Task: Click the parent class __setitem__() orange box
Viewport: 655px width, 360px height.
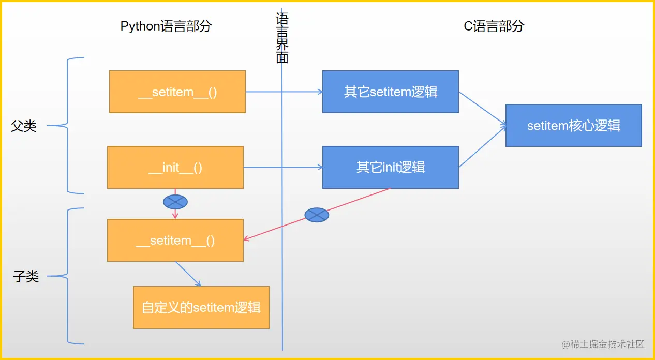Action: tap(177, 92)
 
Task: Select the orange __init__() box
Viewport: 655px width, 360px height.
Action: tap(175, 167)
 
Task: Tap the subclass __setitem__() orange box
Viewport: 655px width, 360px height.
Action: tap(175, 240)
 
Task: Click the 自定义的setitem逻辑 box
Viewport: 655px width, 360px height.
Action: tap(201, 307)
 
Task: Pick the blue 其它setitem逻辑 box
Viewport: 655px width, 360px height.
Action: tap(390, 92)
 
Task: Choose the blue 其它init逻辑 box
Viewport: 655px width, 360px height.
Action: tap(390, 167)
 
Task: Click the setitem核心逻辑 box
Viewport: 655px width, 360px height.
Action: tap(573, 125)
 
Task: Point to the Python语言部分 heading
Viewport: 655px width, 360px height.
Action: tap(166, 26)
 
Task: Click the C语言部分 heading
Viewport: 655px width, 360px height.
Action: tap(494, 26)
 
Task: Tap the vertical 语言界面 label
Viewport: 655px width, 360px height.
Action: tap(282, 37)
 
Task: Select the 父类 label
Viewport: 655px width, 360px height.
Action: tap(24, 126)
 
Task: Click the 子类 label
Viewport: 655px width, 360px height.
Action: tap(26, 277)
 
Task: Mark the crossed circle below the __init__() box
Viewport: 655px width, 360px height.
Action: tap(175, 202)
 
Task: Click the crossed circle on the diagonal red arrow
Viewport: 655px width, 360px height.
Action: tap(317, 215)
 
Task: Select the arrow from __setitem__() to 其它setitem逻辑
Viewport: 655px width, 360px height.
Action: tap(284, 92)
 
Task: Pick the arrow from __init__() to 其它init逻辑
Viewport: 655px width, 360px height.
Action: tap(282, 167)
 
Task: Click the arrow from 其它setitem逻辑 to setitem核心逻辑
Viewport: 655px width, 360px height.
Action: tap(482, 109)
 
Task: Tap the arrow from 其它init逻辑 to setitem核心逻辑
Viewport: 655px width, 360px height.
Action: tap(482, 147)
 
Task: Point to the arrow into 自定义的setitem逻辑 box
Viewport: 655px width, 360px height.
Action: tap(188, 274)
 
